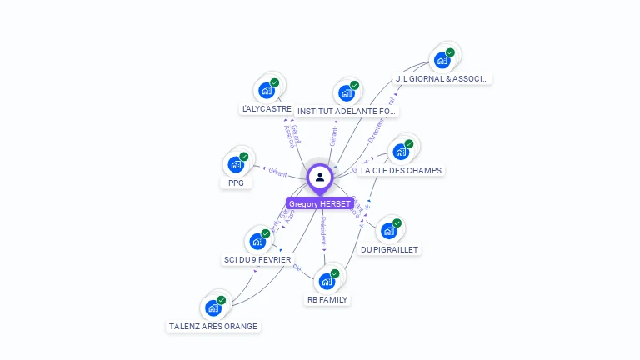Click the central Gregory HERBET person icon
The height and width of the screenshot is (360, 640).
point(320,177)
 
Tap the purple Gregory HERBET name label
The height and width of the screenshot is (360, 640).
point(320,203)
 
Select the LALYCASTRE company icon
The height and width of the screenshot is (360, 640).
point(267,90)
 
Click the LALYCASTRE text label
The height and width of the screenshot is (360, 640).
point(267,109)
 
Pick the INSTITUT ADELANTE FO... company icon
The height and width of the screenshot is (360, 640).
point(347,92)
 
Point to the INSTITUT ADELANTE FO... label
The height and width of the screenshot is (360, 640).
point(347,111)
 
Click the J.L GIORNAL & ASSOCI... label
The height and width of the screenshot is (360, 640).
point(442,79)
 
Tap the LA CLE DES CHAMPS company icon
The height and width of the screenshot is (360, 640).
point(402,152)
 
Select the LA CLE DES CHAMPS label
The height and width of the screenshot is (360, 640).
point(402,171)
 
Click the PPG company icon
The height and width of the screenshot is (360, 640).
point(237,164)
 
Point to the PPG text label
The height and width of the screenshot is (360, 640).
point(237,182)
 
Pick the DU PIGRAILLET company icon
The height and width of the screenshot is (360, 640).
point(390,231)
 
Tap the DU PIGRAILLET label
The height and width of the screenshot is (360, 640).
point(390,249)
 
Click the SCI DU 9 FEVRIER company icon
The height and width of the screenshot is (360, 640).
point(258,242)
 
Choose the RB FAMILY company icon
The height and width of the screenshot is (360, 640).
point(327,281)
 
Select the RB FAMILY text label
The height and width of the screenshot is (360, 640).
point(327,299)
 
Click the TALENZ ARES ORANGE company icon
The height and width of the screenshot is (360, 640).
point(213,307)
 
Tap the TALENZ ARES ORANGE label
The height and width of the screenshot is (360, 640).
point(213,327)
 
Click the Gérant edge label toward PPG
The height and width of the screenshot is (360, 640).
point(277,173)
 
